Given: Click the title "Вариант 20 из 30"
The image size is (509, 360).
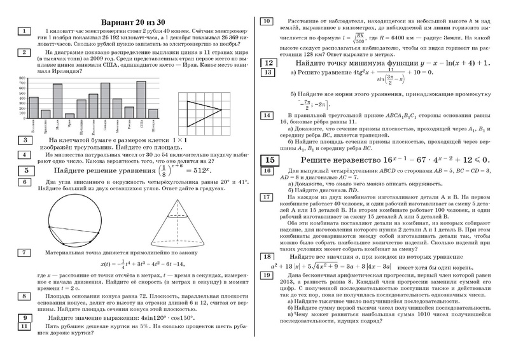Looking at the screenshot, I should point(137,16).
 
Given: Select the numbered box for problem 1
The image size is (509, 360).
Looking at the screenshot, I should point(23,31).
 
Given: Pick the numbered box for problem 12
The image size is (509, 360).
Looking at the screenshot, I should point(269,62).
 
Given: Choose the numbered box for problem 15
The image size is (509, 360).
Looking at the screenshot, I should point(269,159).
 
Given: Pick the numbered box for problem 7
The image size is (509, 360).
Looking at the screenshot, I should point(23,252).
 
